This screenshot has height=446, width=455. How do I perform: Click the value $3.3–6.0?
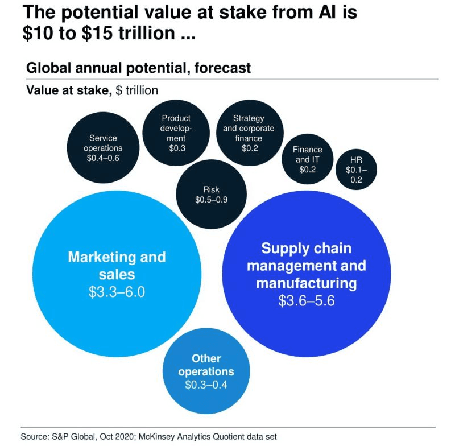tap(116, 293)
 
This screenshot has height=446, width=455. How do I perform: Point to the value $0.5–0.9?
tap(211, 200)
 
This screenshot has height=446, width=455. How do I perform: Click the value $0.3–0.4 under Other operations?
tap(206, 385)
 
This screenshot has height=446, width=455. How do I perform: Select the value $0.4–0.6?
tap(103, 158)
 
